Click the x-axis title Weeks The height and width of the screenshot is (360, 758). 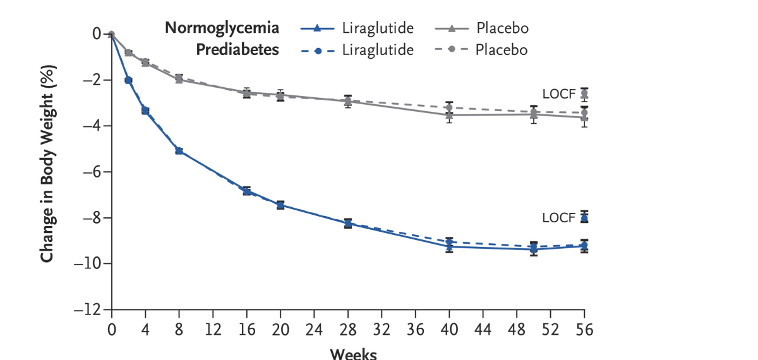point(352,354)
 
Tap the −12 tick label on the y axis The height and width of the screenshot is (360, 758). point(88,310)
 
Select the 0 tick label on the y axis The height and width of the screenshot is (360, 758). point(97,33)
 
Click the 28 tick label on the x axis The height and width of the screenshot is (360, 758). point(348,329)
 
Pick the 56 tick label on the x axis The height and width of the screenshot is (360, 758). point(584,329)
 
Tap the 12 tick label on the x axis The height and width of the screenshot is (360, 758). point(213,329)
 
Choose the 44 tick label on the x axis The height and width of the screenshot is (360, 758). point(483,329)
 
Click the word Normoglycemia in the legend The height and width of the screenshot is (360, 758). point(222,28)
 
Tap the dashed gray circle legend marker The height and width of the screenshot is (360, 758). point(453,50)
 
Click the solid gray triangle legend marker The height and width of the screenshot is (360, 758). point(453,28)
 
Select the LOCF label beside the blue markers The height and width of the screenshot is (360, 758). point(559,218)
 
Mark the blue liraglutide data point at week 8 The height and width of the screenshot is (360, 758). point(179,151)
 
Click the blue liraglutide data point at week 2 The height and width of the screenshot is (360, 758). point(128,80)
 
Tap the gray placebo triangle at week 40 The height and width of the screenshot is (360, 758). point(449,115)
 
